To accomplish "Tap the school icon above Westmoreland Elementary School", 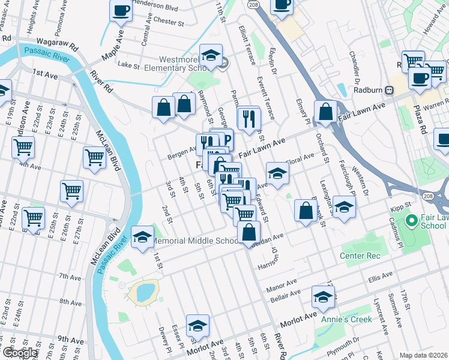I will pyautogui.click(x=211, y=56).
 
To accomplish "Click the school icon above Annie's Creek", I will pyautogui.click(x=324, y=297).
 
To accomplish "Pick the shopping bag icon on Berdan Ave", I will pyautogui.click(x=249, y=232).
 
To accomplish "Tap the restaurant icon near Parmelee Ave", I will pyautogui.click(x=249, y=117).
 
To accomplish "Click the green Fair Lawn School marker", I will pyautogui.click(x=411, y=221).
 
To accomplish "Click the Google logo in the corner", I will pyautogui.click(x=20, y=352).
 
